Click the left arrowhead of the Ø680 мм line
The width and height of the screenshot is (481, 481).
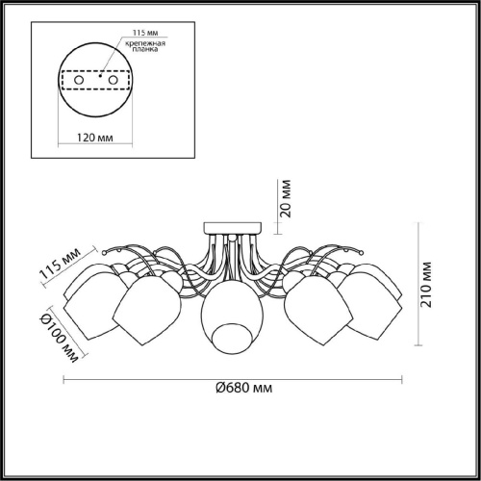tap(65, 374)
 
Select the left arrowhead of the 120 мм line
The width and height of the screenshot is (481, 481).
tap(61, 125)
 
